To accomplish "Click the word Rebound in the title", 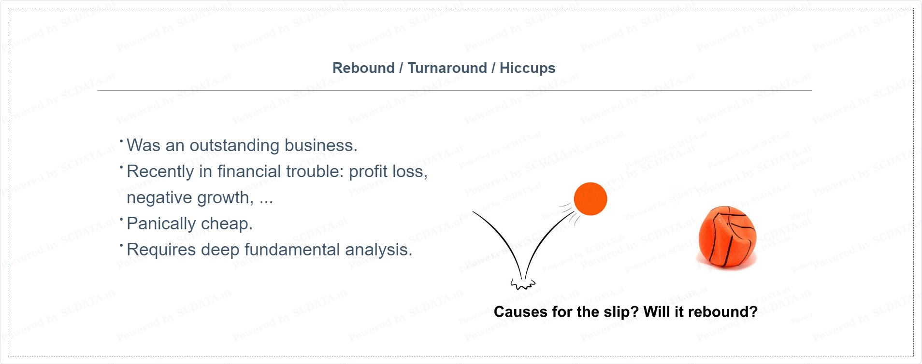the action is click(363, 68).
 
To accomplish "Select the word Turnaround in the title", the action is click(447, 68).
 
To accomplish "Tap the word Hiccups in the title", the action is click(527, 69).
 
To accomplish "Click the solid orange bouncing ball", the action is click(591, 199).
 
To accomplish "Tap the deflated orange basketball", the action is click(727, 237).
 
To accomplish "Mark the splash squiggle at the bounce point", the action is click(523, 284).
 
